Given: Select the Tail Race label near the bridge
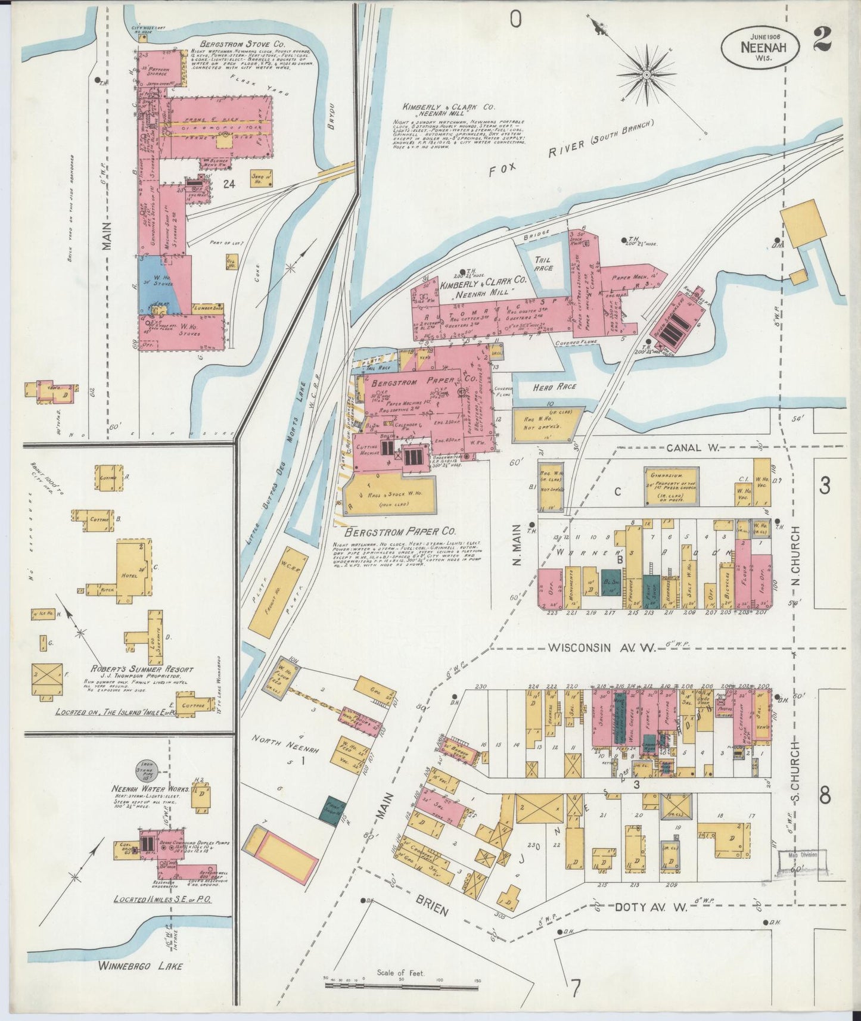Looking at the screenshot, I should pyautogui.click(x=543, y=264).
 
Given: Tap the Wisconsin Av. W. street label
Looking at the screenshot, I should pyautogui.click(x=602, y=647).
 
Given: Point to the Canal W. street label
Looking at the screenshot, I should pyautogui.click(x=694, y=447).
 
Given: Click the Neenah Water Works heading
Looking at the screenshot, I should pyautogui.click(x=150, y=788).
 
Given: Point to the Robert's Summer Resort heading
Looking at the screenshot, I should pyautogui.click(x=141, y=669).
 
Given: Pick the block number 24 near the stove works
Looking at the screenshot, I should pyautogui.click(x=228, y=184).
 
